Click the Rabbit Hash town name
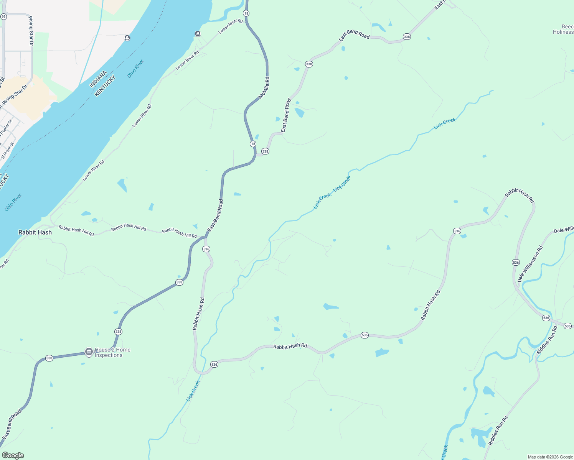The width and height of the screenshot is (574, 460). tap(35, 232)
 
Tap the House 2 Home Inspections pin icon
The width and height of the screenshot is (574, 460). tap(89, 352)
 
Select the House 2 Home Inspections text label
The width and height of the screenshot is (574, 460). tap(112, 352)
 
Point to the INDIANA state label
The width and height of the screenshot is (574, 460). tap(98, 80)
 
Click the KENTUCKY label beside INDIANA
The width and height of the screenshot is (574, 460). tap(105, 86)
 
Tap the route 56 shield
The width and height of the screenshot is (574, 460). tap(3, 17)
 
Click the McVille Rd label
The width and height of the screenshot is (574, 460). tap(264, 88)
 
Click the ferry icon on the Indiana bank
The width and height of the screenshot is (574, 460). tap(127, 38)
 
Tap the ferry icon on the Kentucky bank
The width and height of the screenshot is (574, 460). tap(198, 33)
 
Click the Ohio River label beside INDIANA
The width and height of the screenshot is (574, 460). tap(135, 68)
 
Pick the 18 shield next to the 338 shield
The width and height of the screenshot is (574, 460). tap(253, 144)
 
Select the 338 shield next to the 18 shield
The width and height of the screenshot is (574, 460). tap(265, 151)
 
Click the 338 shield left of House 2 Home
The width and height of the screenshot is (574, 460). tap(49, 358)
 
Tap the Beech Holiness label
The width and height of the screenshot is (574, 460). tap(563, 30)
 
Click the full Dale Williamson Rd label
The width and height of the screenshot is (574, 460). tap(530, 264)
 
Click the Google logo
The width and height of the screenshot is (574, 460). tap(13, 455)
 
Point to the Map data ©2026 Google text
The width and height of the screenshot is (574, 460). tap(550, 457)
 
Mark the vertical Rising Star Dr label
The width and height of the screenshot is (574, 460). tap(31, 31)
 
